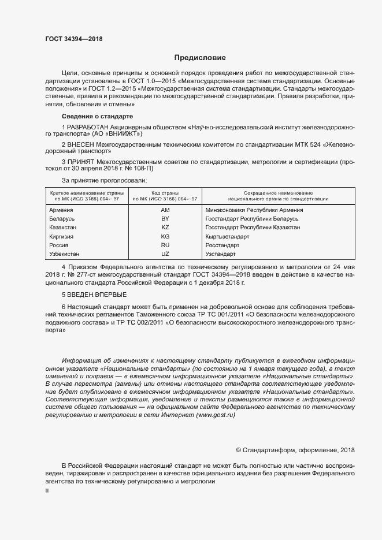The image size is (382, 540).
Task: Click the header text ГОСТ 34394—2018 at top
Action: pyautogui.click(x=73, y=39)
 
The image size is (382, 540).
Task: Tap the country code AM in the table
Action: pyautogui.click(x=165, y=210)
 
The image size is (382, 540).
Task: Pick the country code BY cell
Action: pyautogui.click(x=165, y=219)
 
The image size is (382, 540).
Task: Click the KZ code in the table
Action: pyautogui.click(x=165, y=228)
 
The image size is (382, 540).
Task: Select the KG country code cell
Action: pyautogui.click(x=165, y=237)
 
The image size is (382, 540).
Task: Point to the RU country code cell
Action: pyautogui.click(x=165, y=245)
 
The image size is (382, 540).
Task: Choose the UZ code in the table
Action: pyautogui.click(x=165, y=254)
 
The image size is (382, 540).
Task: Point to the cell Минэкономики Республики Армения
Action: pyautogui.click(x=254, y=210)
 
